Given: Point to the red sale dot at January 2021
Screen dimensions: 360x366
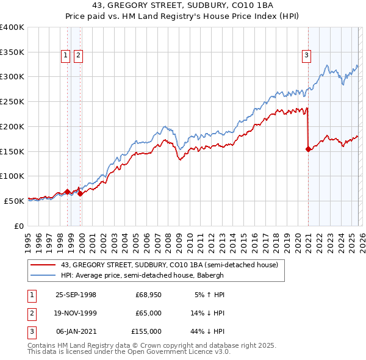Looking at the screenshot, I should pyautogui.click(x=308, y=148).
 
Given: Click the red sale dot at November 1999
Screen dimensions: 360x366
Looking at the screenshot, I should pyautogui.click(x=80, y=193).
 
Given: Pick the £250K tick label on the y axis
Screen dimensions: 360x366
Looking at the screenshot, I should pyautogui.click(x=12, y=102).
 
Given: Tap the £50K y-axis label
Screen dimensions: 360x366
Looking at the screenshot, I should pyautogui.click(x=14, y=201).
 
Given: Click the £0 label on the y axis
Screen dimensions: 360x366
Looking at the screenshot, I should pyautogui.click(x=18, y=226).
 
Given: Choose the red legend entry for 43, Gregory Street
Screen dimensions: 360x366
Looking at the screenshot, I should pyautogui.click(x=169, y=265).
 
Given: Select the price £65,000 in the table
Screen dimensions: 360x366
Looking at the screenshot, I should pyautogui.click(x=148, y=313).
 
